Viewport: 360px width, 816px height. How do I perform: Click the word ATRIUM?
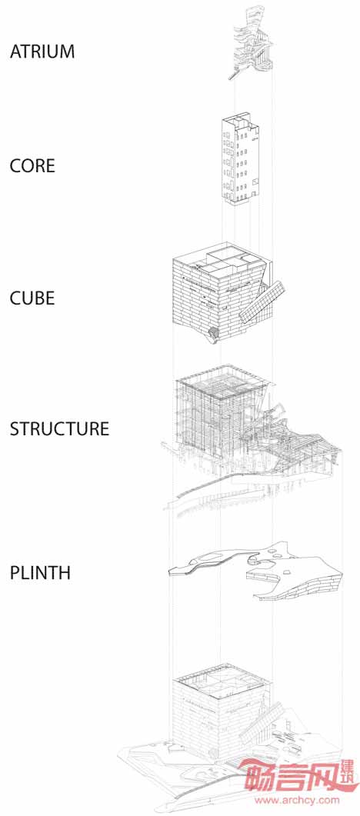tap(42, 52)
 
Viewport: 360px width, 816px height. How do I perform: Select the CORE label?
tap(32, 166)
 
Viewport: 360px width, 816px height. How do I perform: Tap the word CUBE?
tap(32, 298)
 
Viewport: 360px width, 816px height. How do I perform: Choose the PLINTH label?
tap(40, 573)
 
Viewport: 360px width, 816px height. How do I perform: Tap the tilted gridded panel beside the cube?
tap(262, 302)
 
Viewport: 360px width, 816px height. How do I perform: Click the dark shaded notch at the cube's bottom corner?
tap(214, 334)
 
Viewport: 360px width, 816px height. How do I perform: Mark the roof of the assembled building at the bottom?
tap(224, 683)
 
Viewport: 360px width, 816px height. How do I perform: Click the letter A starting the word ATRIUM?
tap(15, 52)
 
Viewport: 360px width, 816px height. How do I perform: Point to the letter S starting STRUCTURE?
tap(15, 429)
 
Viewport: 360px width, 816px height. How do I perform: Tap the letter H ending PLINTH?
tap(65, 573)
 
